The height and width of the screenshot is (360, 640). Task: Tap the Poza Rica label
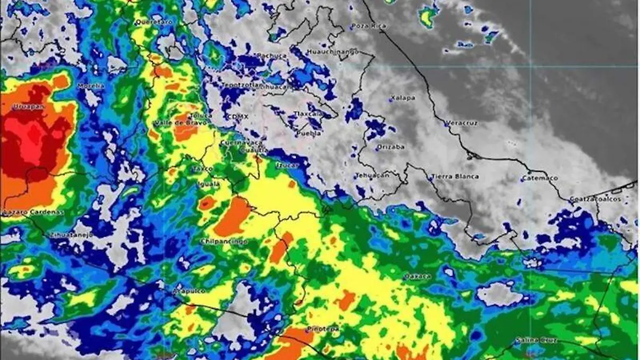tap(369, 26)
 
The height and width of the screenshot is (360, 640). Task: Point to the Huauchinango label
tap(332, 52)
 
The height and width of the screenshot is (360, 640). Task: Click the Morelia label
tap(91, 85)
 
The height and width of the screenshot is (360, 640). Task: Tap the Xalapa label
tap(403, 98)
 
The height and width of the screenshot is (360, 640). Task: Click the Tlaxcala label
tap(309, 114)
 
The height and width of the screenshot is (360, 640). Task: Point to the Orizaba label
tap(391, 147)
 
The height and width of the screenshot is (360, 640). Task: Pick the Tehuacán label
tap(372, 174)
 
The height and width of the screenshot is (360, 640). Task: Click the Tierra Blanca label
tap(454, 176)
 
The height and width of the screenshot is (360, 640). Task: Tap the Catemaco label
tap(540, 178)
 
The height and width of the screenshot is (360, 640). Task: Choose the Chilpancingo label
tap(223, 241)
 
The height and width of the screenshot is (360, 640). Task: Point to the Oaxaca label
tap(417, 276)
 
